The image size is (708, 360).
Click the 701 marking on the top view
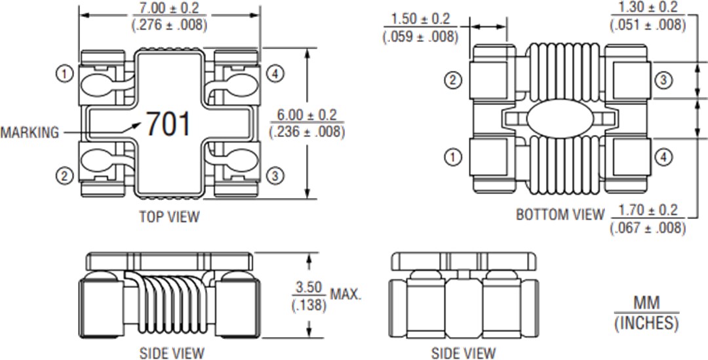click(x=168, y=124)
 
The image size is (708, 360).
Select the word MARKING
click(x=29, y=132)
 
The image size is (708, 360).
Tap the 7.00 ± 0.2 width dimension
click(x=170, y=9)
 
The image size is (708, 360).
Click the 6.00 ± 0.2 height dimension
click(x=307, y=115)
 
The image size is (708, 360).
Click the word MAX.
click(x=345, y=294)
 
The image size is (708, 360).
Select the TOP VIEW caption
click(x=169, y=216)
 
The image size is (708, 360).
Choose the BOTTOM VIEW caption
click(x=560, y=214)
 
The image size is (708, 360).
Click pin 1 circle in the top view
click(x=64, y=74)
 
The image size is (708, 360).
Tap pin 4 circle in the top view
click(x=276, y=74)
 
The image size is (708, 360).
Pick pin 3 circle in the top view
click(x=276, y=176)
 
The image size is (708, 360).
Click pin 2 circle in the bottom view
click(x=453, y=81)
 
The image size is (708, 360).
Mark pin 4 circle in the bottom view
click(x=663, y=157)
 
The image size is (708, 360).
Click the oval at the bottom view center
click(x=559, y=119)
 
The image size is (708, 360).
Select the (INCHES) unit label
click(x=646, y=323)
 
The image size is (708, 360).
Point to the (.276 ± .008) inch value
click(x=170, y=26)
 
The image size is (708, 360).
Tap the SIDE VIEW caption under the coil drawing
click(x=172, y=353)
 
